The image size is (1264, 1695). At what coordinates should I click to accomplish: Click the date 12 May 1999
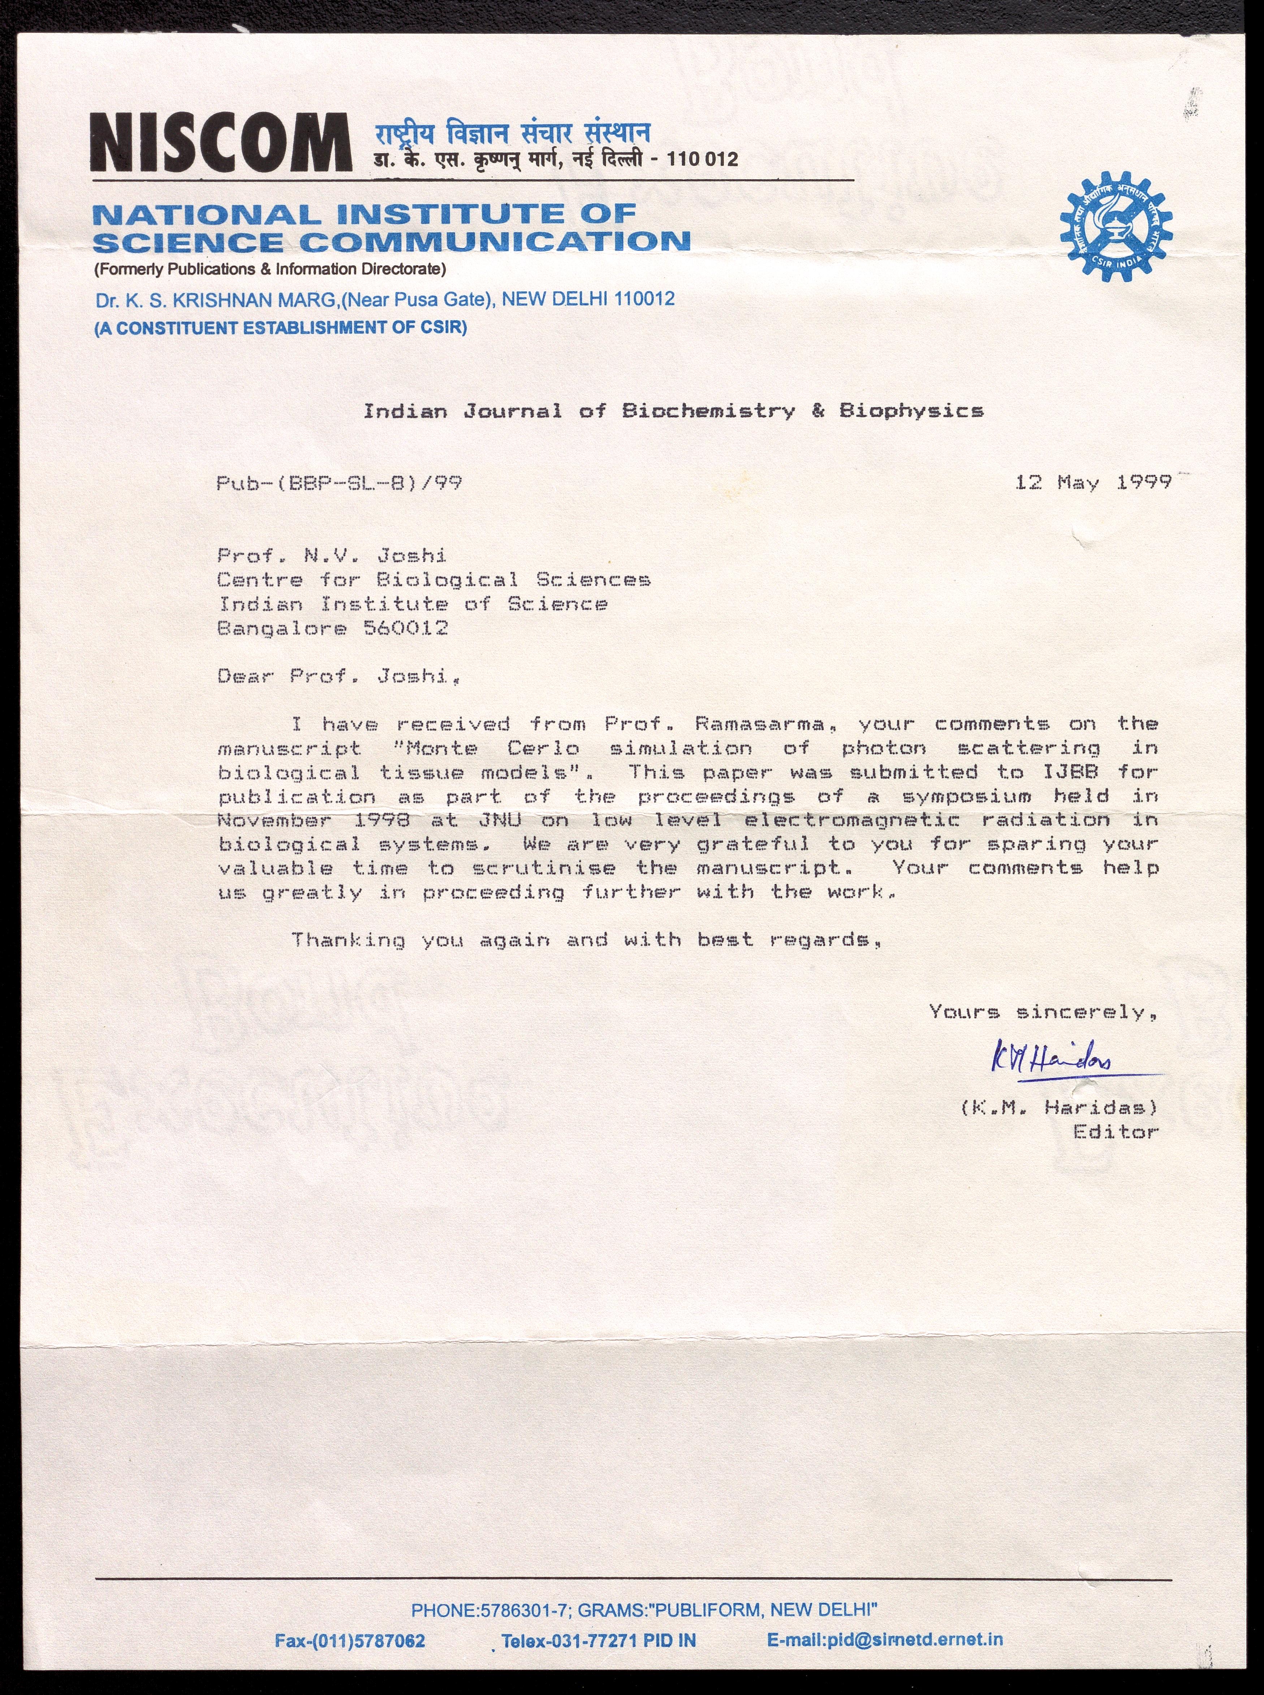(x=1093, y=483)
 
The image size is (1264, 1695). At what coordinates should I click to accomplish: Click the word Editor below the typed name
(x=1116, y=1132)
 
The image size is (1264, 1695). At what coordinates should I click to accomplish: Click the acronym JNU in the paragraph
(x=500, y=821)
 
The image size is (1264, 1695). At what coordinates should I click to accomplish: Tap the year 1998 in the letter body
(x=383, y=821)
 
